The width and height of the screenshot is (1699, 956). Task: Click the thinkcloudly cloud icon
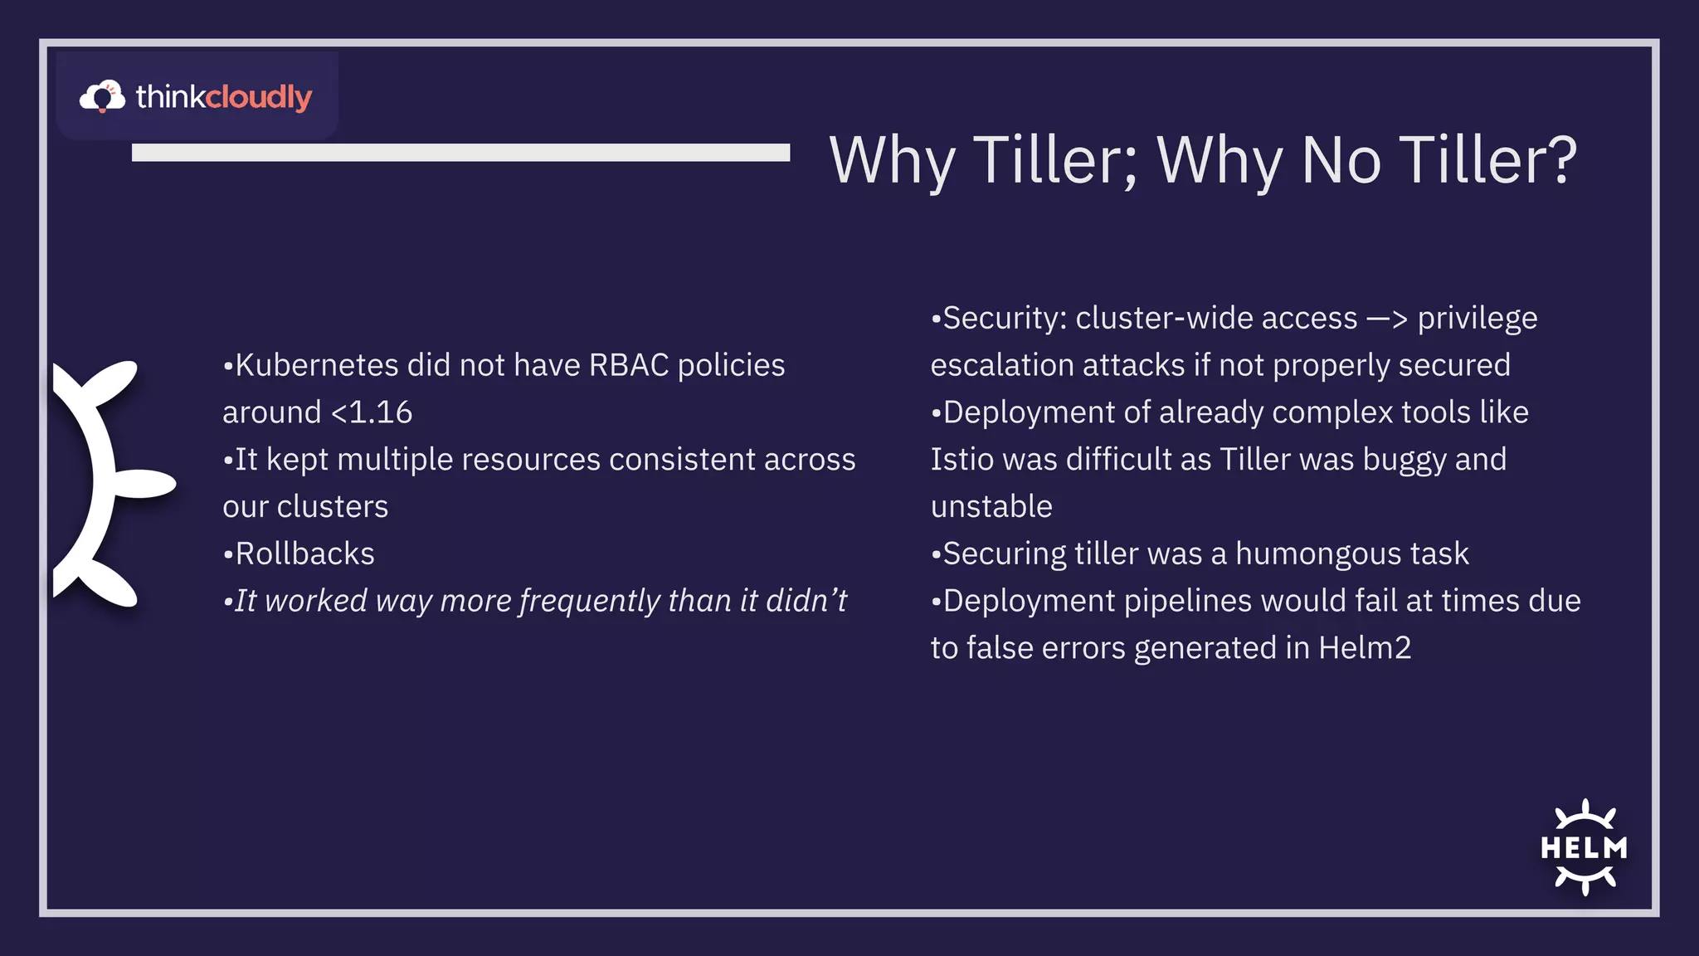(x=102, y=96)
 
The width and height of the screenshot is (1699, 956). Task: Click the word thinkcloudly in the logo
(x=224, y=97)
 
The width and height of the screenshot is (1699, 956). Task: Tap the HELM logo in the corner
(x=1584, y=847)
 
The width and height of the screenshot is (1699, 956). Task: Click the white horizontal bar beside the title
(x=460, y=153)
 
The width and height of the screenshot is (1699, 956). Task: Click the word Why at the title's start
(x=892, y=161)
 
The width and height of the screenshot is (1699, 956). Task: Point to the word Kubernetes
(x=316, y=366)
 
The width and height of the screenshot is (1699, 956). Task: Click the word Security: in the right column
(x=1005, y=319)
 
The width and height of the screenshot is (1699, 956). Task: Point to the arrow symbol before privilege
(x=1387, y=319)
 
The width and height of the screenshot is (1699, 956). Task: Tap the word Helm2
(x=1365, y=648)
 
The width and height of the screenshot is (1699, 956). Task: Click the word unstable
(x=991, y=507)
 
